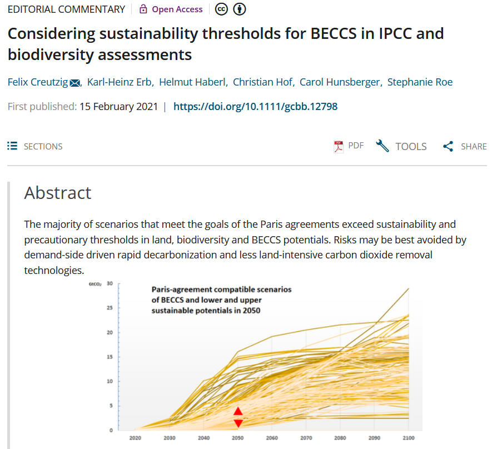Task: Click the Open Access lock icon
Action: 143,9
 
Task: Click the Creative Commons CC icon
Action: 221,9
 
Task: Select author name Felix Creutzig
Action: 37,82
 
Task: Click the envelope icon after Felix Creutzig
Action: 75,83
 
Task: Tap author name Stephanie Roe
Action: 420,82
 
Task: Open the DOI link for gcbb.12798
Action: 255,106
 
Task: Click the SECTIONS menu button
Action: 35,146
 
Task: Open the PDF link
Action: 349,146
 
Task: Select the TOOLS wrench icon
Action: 382,146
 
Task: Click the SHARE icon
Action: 448,147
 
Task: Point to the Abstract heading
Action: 58,193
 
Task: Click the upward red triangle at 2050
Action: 238,412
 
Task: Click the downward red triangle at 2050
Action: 238,423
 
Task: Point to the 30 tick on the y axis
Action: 110,283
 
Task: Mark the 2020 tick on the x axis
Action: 135,438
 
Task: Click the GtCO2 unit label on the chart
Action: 95,284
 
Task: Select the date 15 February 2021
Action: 118,106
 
